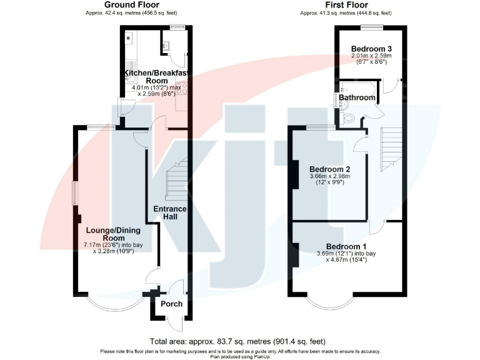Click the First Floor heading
346,5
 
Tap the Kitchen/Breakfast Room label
156,77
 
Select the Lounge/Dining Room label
110,234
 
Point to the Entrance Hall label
171,212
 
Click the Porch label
172,304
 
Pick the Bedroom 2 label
329,169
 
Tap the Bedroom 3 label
371,49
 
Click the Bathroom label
357,97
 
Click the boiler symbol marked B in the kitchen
129,39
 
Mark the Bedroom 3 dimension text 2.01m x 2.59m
371,57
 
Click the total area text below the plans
237,341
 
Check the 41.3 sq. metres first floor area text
346,12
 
